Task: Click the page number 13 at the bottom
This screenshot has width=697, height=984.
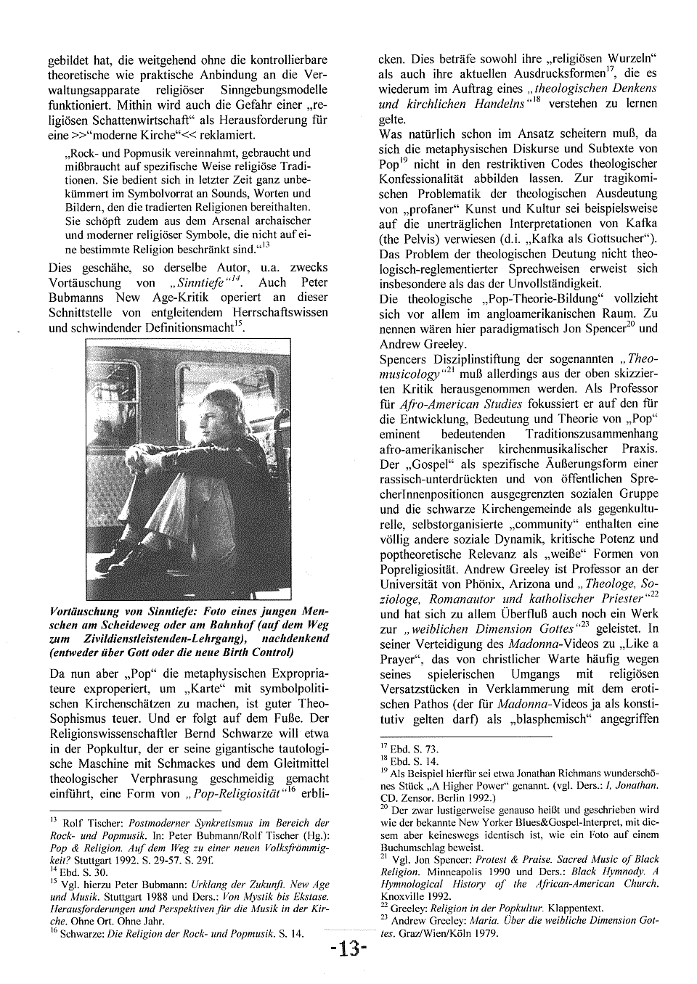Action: click(x=348, y=950)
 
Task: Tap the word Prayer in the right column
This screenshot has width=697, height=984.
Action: click(x=400, y=659)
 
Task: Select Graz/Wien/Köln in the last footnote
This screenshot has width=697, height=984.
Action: click(x=433, y=932)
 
